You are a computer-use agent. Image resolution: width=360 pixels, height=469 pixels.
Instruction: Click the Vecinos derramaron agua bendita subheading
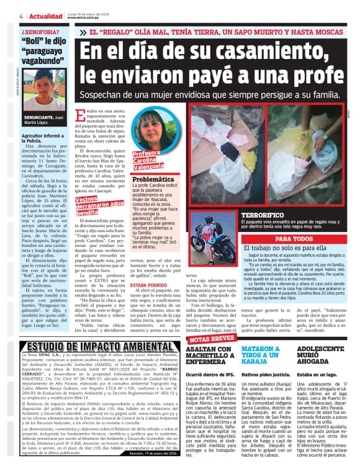pyautogui.click(x=94, y=205)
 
